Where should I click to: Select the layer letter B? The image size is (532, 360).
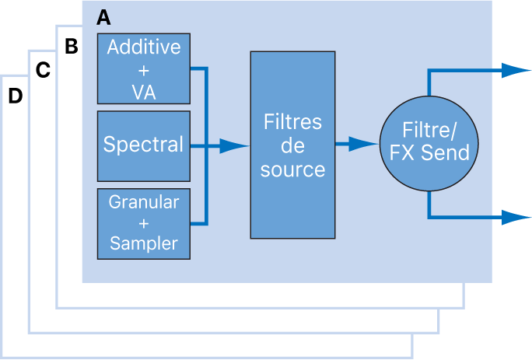point(71,47)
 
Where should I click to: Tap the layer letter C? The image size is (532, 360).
point(44,71)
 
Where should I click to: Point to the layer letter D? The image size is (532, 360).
point(15,96)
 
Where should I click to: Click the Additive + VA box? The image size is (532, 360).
point(143,69)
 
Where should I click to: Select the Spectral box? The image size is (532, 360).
point(143,145)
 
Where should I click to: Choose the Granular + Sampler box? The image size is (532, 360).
point(143,223)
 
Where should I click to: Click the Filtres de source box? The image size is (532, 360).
point(292,145)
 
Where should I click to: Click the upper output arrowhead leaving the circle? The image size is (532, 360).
point(516,70)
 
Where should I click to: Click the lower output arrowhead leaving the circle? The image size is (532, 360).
point(516,217)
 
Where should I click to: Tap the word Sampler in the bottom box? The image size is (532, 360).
point(144,243)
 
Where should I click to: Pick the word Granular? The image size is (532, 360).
point(144,203)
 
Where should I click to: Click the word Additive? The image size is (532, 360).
point(144,47)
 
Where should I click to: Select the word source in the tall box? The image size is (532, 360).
point(292,169)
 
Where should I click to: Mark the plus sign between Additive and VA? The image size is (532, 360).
point(144,70)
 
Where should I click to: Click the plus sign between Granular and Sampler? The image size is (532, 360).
point(144,223)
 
